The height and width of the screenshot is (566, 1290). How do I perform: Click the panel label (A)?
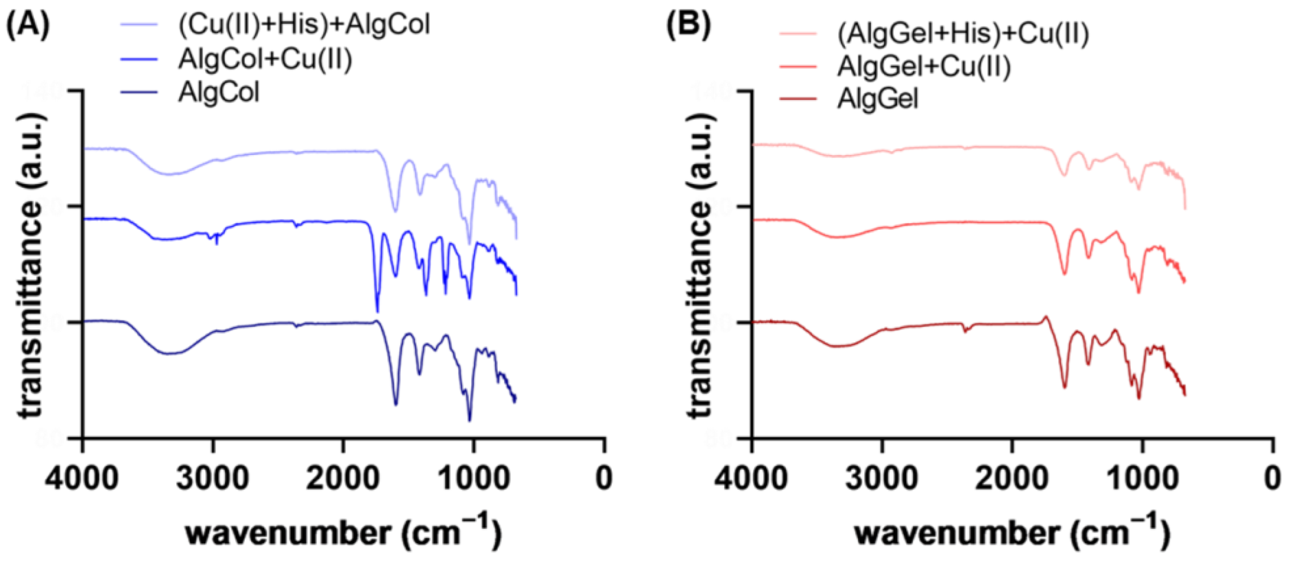[x=28, y=25]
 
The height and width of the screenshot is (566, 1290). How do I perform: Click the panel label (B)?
[x=689, y=25]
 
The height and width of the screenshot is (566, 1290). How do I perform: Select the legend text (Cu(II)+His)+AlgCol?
[x=304, y=25]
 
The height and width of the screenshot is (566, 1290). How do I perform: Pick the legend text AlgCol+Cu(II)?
[x=265, y=59]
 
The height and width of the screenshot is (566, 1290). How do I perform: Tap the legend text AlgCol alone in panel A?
[x=218, y=92]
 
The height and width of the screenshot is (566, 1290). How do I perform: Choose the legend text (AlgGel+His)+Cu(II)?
[x=963, y=34]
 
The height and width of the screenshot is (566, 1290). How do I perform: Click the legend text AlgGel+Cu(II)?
[x=924, y=67]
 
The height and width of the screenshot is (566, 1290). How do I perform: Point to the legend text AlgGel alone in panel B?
[x=877, y=99]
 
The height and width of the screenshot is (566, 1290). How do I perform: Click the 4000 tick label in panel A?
[x=82, y=478]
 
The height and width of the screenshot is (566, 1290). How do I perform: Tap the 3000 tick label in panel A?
[x=213, y=478]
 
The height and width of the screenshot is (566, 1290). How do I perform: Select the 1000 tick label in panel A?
[x=473, y=478]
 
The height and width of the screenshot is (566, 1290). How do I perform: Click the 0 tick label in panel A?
[x=604, y=478]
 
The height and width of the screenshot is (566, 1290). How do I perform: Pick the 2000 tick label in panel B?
[x=1012, y=478]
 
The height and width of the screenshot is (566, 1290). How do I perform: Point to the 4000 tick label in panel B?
[x=751, y=478]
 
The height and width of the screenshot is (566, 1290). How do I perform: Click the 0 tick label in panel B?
[x=1272, y=478]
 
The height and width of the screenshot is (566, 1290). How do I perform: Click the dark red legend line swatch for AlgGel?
[x=798, y=99]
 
